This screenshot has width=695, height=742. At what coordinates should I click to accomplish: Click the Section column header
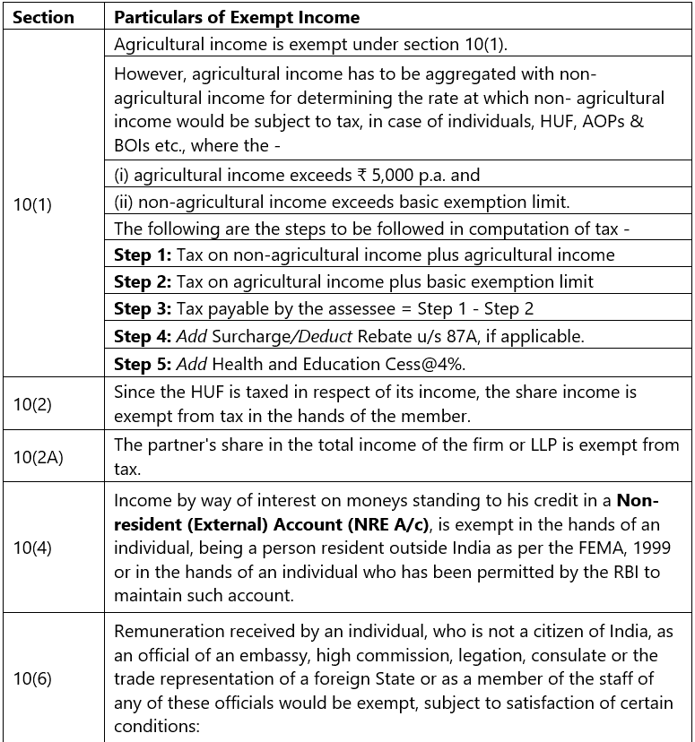[x=43, y=17]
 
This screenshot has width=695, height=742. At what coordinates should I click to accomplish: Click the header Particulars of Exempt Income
[x=237, y=17]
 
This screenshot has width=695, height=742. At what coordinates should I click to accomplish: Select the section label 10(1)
[x=32, y=204]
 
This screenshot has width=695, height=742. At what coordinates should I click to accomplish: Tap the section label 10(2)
[x=32, y=404]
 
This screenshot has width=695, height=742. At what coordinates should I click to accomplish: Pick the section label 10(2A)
[x=38, y=457]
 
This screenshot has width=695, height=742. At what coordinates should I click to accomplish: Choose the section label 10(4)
[x=32, y=547]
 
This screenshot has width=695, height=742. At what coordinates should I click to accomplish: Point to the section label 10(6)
[x=32, y=678]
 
